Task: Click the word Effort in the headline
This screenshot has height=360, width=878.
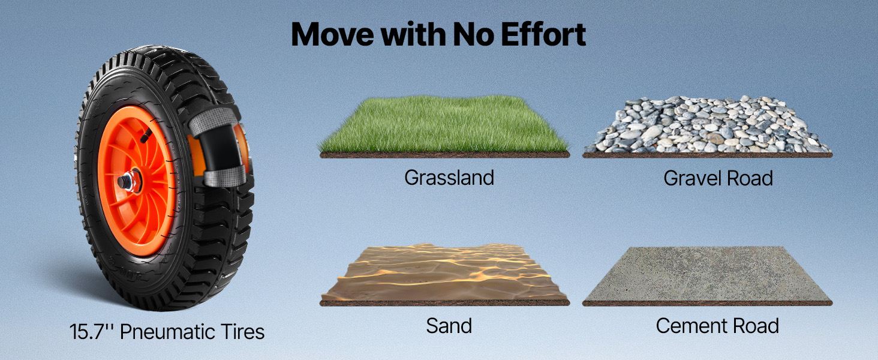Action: coord(543,35)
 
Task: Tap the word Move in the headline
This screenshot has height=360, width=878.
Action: coord(332,35)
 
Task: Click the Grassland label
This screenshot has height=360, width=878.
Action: coord(449,178)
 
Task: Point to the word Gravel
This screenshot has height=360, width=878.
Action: coord(693,178)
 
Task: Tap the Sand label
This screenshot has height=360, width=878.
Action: coord(449,326)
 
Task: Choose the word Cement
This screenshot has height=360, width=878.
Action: coord(691,326)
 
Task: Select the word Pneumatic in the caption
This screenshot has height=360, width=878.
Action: coord(167,332)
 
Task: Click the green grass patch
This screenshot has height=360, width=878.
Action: coord(444,125)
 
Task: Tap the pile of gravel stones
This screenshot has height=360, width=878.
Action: coord(706,125)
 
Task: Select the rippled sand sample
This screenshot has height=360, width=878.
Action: coord(444,273)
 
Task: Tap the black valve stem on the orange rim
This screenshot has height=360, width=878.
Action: coord(146,136)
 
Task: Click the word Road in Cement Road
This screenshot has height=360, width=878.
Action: coord(756,326)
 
